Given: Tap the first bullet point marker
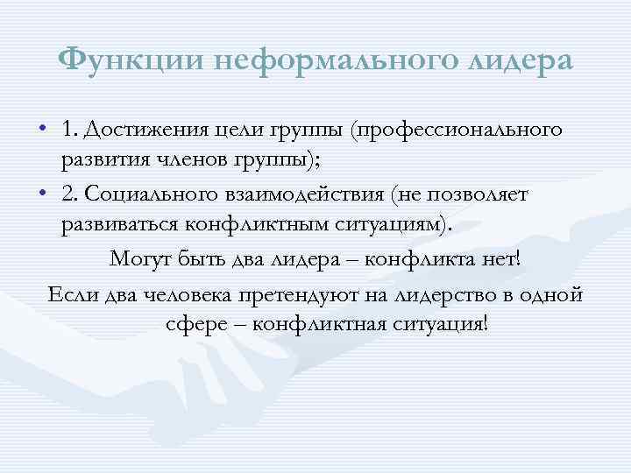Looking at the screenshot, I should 44,131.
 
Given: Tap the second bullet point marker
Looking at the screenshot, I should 44,192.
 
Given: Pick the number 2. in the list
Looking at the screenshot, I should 71,192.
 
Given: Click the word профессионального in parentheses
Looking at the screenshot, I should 455,131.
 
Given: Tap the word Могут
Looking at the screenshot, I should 138,259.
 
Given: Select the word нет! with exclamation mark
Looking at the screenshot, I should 512,259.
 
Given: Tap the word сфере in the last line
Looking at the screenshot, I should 190,323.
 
